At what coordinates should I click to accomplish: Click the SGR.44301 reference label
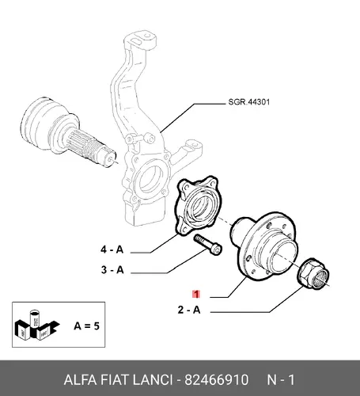[249, 102]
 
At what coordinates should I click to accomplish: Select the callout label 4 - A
[112, 249]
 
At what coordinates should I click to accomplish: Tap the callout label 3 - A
[112, 270]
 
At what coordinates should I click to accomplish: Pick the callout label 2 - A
[189, 310]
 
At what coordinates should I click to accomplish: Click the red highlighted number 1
[196, 294]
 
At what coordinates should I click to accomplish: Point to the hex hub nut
[313, 274]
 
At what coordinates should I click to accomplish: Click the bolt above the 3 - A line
[208, 245]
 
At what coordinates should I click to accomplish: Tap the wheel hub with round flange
[264, 246]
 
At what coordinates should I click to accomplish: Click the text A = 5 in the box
[86, 326]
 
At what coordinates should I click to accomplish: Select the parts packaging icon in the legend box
[36, 326]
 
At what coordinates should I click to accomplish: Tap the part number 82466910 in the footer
[216, 380]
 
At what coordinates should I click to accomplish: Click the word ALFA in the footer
[80, 380]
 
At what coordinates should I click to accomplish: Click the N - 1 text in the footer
[281, 380]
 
